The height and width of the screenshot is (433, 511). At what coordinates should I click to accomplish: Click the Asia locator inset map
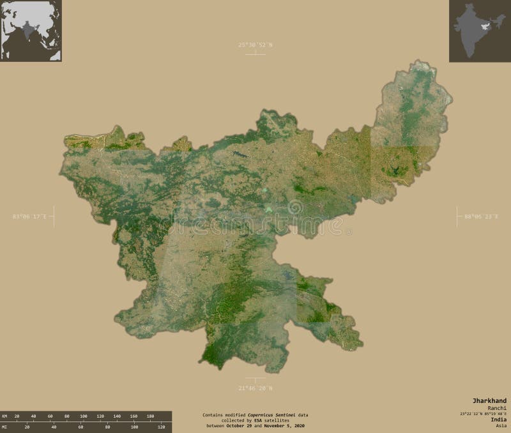pos(31,31)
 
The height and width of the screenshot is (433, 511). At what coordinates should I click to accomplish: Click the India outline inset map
pos(480,31)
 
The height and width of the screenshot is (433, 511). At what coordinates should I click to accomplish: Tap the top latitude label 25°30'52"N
pos(256,45)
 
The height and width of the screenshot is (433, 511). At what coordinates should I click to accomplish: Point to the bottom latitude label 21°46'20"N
pos(256,388)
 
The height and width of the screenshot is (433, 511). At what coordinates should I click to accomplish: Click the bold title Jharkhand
pos(490,400)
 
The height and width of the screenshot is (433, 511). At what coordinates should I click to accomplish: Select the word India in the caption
pos(498,420)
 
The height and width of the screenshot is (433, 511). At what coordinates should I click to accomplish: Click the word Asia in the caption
pos(501,426)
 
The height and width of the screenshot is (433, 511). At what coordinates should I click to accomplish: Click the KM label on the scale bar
pos(4,416)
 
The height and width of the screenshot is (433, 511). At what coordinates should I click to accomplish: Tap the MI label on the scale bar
pos(4,426)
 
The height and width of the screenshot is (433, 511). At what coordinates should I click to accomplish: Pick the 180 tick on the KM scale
pos(150,416)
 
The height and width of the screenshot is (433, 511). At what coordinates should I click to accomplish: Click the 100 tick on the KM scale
pos(83,416)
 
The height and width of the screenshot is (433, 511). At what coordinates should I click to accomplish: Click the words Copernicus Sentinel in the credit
pos(269,415)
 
